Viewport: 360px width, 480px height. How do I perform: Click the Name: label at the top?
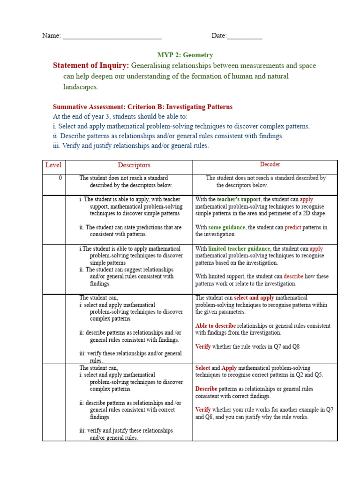pos(51,36)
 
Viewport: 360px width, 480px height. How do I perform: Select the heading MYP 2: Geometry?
pos(185,55)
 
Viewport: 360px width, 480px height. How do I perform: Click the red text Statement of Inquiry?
pos(91,65)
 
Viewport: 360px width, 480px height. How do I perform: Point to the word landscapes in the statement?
pos(81,87)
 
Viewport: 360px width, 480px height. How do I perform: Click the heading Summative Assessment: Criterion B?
pos(142,107)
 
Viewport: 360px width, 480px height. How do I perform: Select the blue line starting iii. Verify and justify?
pos(131,146)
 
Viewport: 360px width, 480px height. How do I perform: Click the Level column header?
pos(53,165)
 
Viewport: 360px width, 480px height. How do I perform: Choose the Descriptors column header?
pos(134,165)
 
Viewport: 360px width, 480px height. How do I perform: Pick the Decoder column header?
pos(270,165)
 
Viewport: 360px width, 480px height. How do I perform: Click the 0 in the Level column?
pos(60,178)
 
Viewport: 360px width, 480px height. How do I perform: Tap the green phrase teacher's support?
pos(239,199)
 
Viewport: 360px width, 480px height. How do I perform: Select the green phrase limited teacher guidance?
pos(239,249)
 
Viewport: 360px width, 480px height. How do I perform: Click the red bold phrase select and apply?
pos(254,298)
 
